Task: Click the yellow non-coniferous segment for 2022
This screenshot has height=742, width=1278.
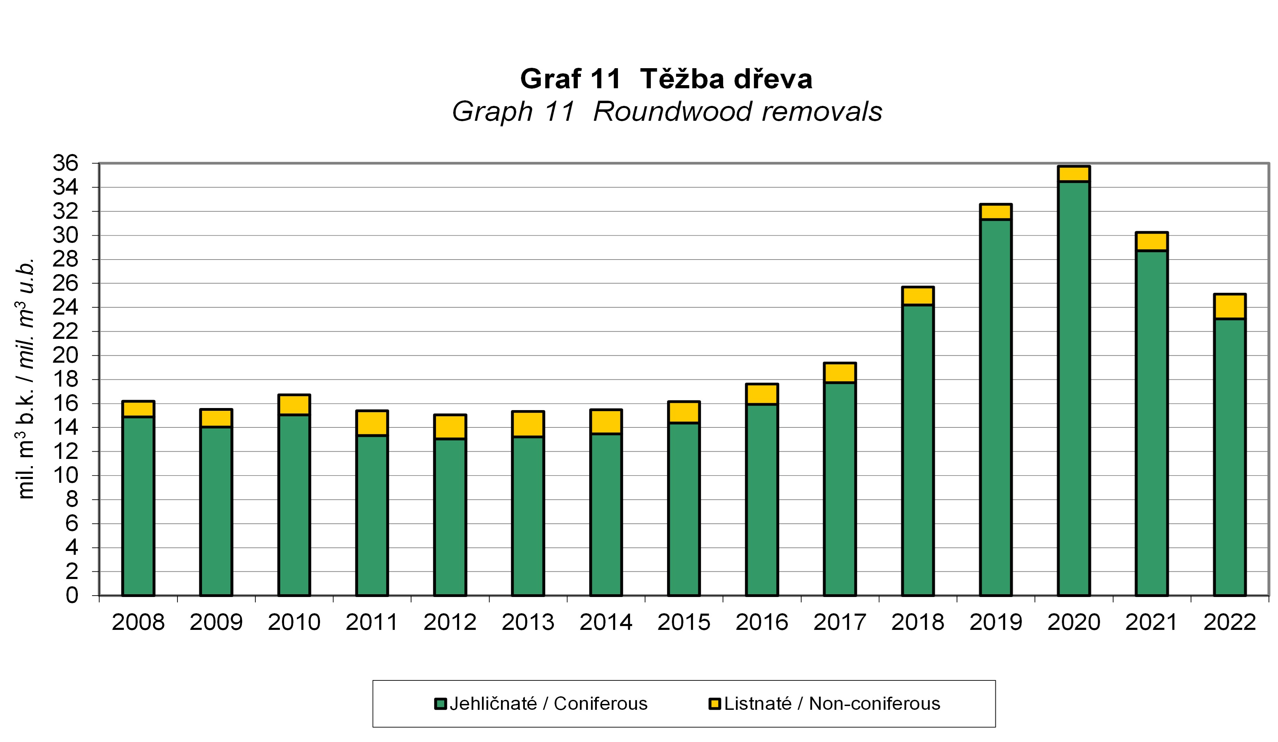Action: pos(1229,306)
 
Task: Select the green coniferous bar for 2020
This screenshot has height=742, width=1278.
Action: pos(1074,388)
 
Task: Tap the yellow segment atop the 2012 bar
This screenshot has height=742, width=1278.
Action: pos(450,426)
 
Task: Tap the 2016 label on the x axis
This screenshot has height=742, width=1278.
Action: pos(762,622)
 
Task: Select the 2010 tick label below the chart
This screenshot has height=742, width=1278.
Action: pos(294,622)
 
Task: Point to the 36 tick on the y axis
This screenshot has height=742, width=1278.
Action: pos(66,163)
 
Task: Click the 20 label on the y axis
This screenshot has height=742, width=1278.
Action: pos(66,355)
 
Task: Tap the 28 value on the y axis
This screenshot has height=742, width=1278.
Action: pos(66,259)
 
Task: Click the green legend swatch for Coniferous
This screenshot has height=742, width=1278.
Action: pos(440,704)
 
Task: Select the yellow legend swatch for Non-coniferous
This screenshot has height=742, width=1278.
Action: pos(714,704)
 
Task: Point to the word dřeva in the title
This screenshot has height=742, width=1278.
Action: pos(773,79)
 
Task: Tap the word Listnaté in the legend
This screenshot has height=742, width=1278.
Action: pos(757,704)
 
